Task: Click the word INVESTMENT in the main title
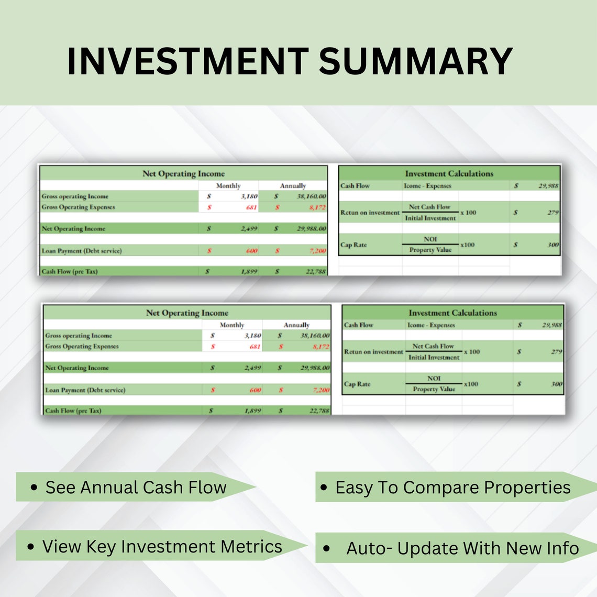tap(187, 61)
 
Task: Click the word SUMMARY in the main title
tap(415, 61)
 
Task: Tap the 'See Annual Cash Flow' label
tap(136, 487)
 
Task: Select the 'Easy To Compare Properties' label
tap(452, 487)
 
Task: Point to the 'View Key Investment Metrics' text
tap(162, 546)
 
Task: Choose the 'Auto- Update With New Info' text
tap(462, 548)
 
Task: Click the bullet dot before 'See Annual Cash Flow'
tap(34, 488)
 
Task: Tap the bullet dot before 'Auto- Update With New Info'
tap(327, 549)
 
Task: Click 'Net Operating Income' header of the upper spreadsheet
tap(183, 173)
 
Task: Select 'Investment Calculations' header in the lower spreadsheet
tap(452, 313)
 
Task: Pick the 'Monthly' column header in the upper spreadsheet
tap(228, 185)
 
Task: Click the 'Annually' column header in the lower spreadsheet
tap(296, 325)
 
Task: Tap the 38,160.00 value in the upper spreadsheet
tap(311, 196)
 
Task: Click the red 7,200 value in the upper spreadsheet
tap(317, 251)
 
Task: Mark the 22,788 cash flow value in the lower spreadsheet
tap(319, 411)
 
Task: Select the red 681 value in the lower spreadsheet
tap(255, 346)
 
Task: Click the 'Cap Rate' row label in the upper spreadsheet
tap(353, 245)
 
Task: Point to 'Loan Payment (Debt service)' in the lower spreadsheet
tap(85, 390)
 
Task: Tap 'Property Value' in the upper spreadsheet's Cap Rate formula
tap(430, 250)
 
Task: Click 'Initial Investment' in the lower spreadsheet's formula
tap(434, 357)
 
